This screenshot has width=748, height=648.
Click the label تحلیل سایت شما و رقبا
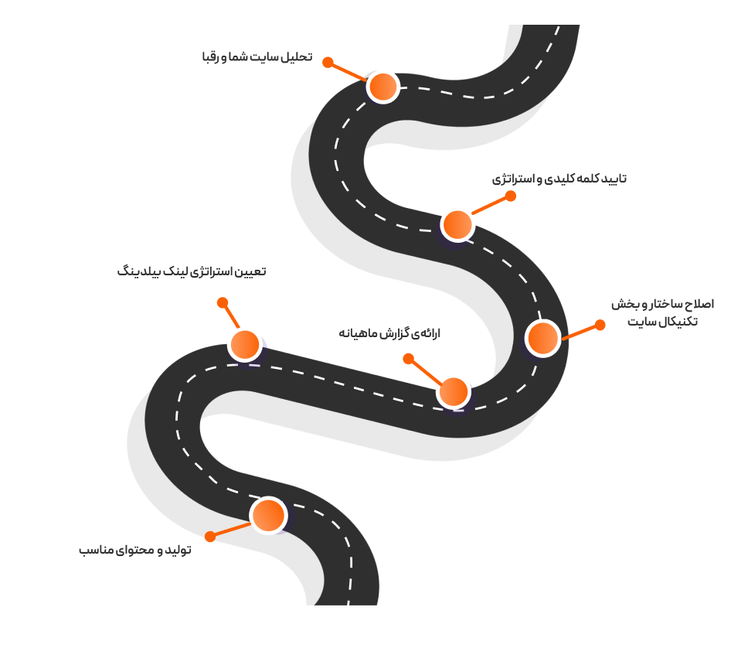tap(257, 58)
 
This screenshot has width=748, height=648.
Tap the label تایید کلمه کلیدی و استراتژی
tap(559, 179)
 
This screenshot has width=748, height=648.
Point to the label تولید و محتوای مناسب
tap(135, 550)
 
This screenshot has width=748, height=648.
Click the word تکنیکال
tap(672, 320)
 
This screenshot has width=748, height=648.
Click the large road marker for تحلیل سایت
tap(382, 87)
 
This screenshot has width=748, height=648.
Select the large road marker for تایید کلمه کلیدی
tap(457, 224)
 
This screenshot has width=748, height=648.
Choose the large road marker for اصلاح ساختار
tap(542, 338)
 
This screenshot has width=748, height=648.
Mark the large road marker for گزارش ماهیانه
tap(453, 392)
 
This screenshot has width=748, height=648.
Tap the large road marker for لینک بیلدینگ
tap(245, 344)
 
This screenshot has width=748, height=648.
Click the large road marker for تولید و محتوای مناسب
tap(268, 515)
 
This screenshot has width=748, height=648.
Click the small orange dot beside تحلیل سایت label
tap(328, 62)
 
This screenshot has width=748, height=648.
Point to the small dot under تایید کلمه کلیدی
tap(510, 196)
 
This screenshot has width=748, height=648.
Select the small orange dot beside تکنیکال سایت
tap(600, 325)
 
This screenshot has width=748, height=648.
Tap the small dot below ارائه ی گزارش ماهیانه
tap(409, 359)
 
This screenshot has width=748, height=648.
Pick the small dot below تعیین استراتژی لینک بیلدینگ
tap(223, 302)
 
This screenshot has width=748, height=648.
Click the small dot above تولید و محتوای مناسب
tap(210, 536)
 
